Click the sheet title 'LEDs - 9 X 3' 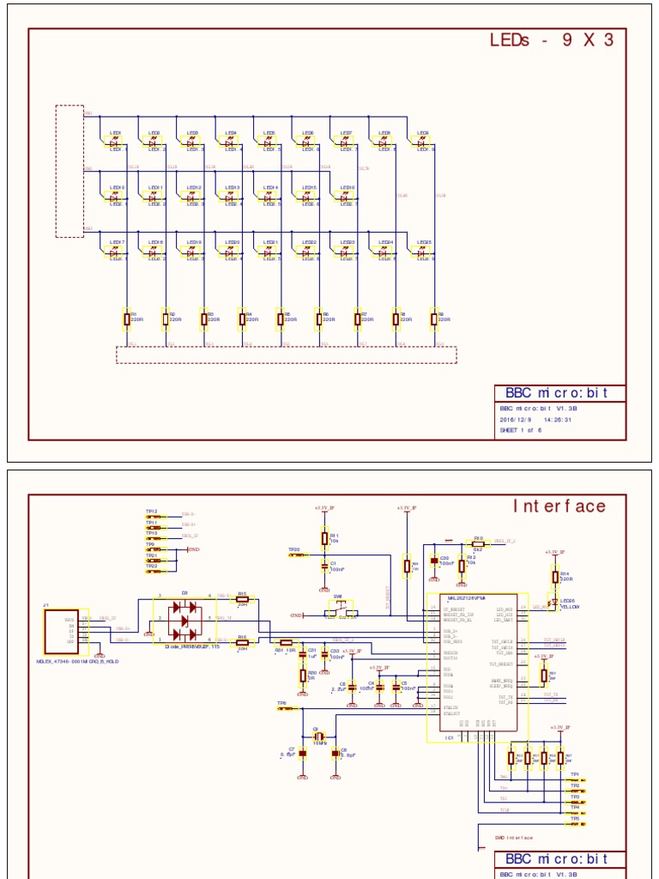551,40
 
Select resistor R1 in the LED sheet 127,319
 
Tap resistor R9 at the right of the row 434,319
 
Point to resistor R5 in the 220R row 281,319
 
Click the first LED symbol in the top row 114,142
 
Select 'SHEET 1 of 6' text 521,432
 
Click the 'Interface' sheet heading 559,506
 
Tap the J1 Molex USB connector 63,633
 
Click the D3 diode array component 185,619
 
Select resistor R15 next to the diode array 242,599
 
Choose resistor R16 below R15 242,642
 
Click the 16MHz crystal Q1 318,737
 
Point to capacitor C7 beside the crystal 302,755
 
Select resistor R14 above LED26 553,578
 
